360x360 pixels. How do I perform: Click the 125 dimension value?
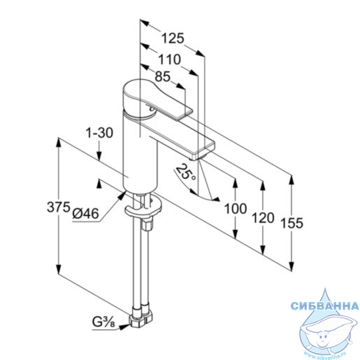[x=173, y=38]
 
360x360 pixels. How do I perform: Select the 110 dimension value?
[x=169, y=59]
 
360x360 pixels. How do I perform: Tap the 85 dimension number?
[x=163, y=76]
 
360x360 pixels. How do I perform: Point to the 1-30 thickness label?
[x=99, y=133]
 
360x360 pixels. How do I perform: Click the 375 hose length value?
[x=59, y=207]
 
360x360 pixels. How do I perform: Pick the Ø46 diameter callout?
[x=85, y=213]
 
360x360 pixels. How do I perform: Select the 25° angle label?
[x=185, y=173]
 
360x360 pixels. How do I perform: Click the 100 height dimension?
[x=236, y=208]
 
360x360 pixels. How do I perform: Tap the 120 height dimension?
[x=263, y=218]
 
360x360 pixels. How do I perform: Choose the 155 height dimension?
[x=291, y=223]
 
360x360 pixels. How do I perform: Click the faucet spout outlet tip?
[x=196, y=159]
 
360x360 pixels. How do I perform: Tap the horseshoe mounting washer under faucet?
[x=143, y=208]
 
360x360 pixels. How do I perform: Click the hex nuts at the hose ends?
[x=141, y=317]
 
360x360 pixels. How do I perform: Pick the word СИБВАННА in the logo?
[x=325, y=305]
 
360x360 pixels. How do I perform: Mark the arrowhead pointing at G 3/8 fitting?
[x=124, y=326]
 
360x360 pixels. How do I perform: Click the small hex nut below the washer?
[x=147, y=224]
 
